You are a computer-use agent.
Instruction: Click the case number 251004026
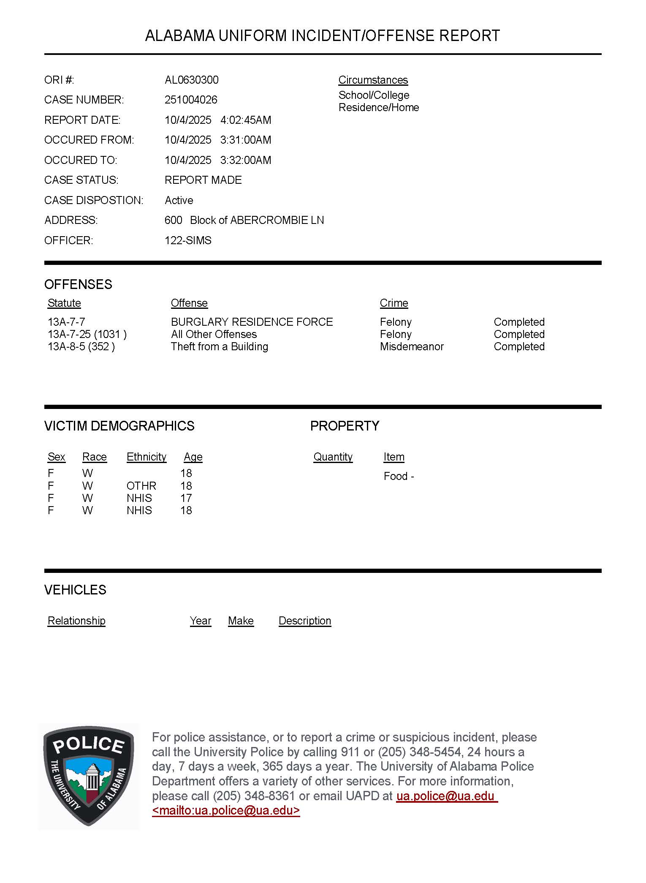coord(191,100)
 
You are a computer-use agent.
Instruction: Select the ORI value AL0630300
coord(192,80)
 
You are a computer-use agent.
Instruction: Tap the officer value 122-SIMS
coord(188,240)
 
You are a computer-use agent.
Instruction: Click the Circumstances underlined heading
coord(373,80)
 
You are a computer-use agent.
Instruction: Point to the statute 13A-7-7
coord(66,322)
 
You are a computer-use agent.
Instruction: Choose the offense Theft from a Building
coord(219,346)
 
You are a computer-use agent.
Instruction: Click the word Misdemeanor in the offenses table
coord(412,346)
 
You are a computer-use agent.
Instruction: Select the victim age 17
coord(186,498)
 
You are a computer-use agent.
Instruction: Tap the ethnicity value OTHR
coord(141,486)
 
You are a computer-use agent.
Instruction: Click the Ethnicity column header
coord(146,457)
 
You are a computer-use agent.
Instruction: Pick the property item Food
coord(396,476)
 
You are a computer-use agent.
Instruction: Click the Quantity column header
coord(333,457)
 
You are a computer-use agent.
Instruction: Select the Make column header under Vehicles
coord(241,621)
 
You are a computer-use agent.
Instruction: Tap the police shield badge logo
coord(88,776)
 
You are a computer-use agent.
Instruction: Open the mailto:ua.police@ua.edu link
coord(226,810)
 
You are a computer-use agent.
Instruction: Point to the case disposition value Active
coord(179,200)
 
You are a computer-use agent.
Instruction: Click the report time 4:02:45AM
coord(246,120)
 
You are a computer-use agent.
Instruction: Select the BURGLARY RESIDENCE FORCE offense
coord(252,322)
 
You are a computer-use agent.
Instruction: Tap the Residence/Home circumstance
coord(379,107)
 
